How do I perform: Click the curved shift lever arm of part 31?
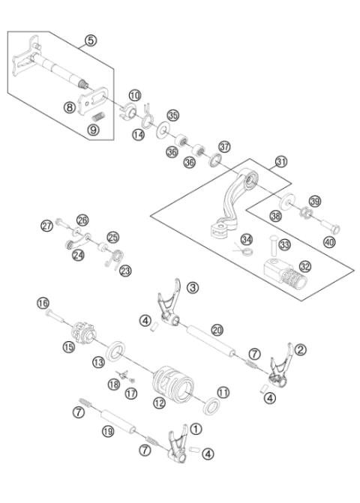(x=232, y=199)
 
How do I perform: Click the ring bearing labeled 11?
(x=213, y=406)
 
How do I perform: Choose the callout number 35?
(x=173, y=115)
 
